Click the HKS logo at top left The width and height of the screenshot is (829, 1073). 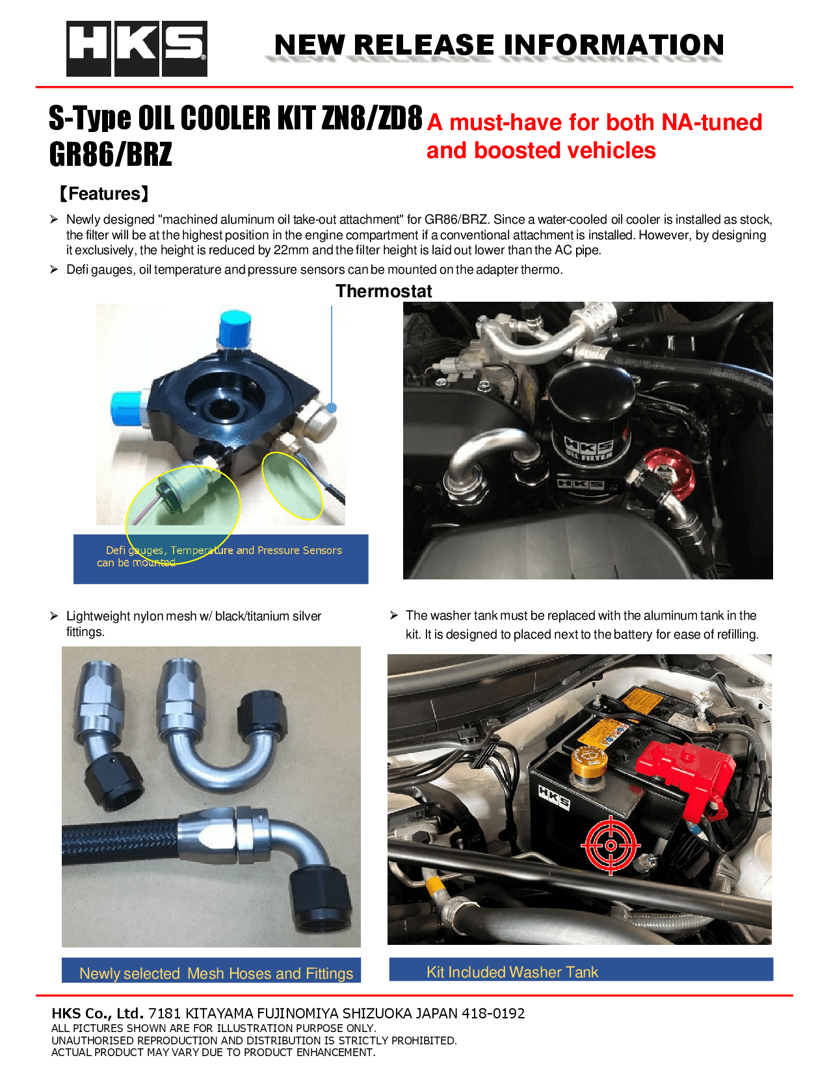[137, 49]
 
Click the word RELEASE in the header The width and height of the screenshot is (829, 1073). [423, 45]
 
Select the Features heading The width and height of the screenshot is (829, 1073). [104, 194]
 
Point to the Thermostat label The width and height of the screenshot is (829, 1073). [384, 291]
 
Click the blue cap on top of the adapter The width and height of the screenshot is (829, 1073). [235, 328]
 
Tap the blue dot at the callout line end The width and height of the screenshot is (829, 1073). [332, 408]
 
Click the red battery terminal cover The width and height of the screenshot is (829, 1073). [686, 777]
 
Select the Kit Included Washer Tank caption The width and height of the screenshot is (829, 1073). [512, 972]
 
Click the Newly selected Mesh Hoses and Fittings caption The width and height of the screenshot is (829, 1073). [216, 974]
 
